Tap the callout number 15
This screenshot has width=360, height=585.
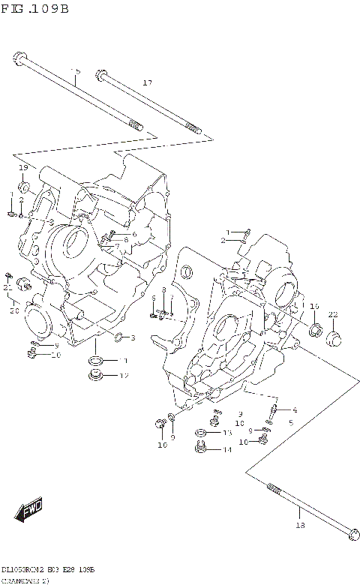(75, 70)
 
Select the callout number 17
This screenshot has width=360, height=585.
(147, 82)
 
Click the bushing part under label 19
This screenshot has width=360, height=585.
(24, 185)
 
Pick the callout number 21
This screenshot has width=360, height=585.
(7, 287)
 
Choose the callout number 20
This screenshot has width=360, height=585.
(13, 310)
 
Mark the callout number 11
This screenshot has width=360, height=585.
(122, 361)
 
